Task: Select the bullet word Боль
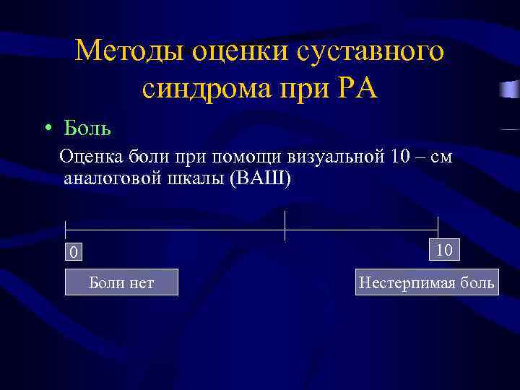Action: point(87,129)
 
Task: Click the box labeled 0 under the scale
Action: point(72,251)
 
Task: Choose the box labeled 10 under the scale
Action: point(444,250)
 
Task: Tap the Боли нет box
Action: point(121,282)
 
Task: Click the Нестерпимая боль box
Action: point(426,282)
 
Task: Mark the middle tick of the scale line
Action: point(285,226)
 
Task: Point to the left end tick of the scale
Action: point(65,230)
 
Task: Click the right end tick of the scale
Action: point(438,225)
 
